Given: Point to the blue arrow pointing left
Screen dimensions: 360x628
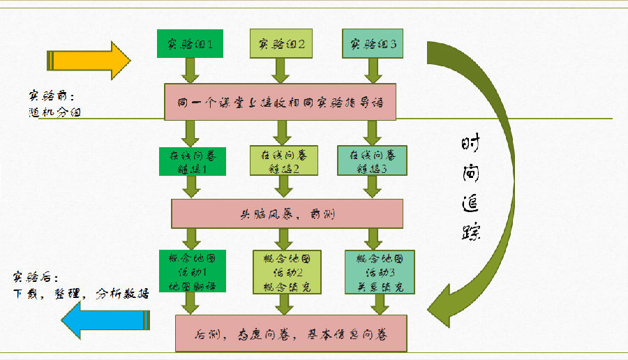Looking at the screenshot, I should pyautogui.click(x=105, y=320).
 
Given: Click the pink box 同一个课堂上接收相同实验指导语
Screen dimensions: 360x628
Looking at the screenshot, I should pyautogui.click(x=281, y=102).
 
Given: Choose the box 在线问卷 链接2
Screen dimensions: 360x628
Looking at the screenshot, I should pyautogui.click(x=281, y=161).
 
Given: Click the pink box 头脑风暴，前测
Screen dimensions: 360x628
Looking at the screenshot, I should pyautogui.click(x=287, y=213).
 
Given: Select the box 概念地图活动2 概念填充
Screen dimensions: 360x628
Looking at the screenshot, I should pyautogui.click(x=281, y=271).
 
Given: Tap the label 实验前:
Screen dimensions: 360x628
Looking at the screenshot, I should pyautogui.click(x=48, y=96).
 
